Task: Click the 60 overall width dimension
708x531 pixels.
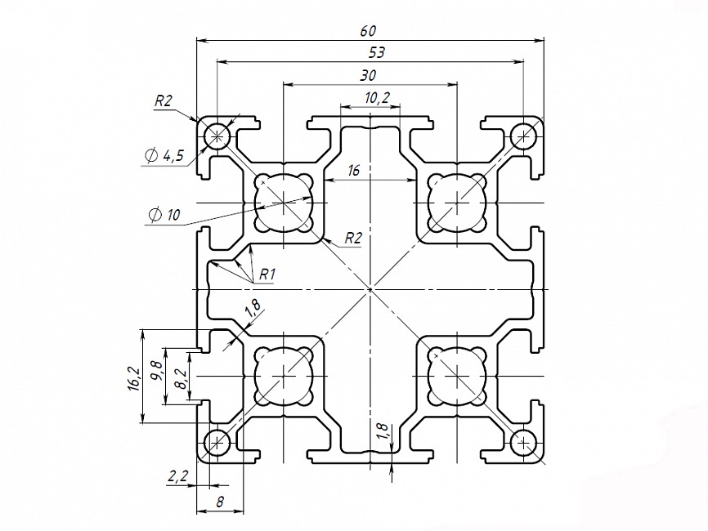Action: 368,31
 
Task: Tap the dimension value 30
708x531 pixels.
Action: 368,75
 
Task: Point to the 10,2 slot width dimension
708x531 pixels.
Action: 377,98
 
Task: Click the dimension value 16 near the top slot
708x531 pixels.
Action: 354,171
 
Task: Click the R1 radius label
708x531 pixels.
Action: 266,274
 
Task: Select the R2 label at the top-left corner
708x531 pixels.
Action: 164,101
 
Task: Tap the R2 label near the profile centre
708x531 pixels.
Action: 352,238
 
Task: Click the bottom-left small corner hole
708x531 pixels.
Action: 217,443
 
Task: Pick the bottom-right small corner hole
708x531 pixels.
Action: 522,443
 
